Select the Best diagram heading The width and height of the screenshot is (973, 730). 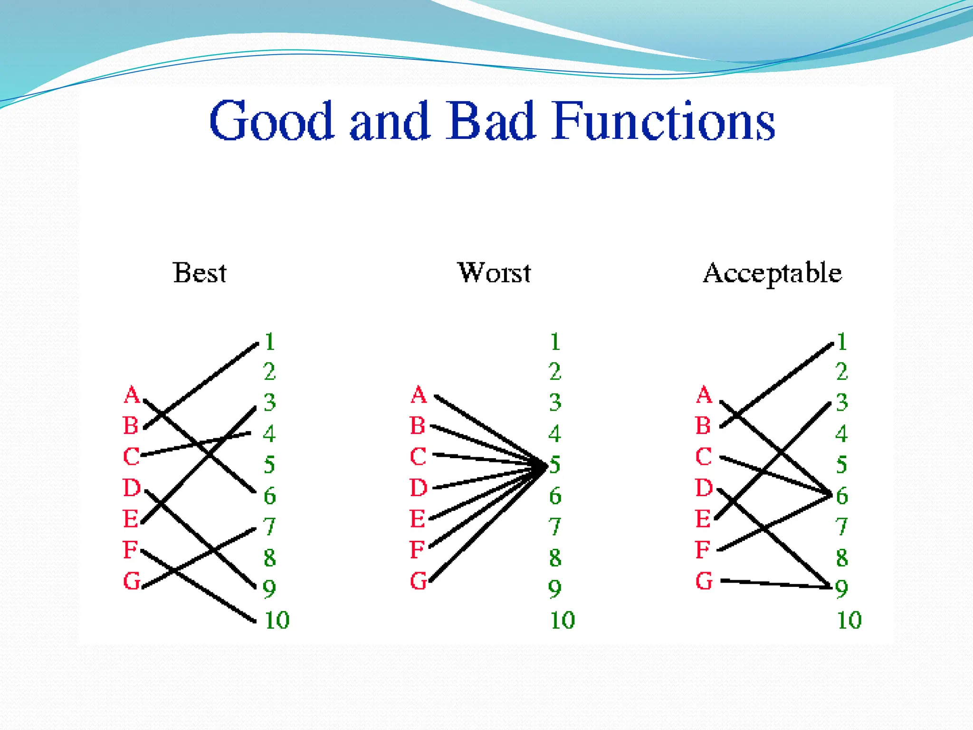tap(200, 273)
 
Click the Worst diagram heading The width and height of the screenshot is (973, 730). tap(494, 273)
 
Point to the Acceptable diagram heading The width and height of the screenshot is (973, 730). tap(773, 274)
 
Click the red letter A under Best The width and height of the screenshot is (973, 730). tap(132, 395)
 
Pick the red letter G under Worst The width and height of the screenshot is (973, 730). tap(418, 581)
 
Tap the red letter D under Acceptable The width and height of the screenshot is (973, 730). tap(704, 488)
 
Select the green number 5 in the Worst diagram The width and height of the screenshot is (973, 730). tap(555, 465)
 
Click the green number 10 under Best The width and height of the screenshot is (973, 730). tap(277, 620)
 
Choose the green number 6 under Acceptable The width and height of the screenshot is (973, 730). tap(842, 496)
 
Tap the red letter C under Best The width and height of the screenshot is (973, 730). tap(131, 457)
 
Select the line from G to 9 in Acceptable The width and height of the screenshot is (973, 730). tap(774, 584)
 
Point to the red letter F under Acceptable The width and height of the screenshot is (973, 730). tap(703, 550)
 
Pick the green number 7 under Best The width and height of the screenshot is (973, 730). tap(269, 527)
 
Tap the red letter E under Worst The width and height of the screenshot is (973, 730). tap(418, 519)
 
